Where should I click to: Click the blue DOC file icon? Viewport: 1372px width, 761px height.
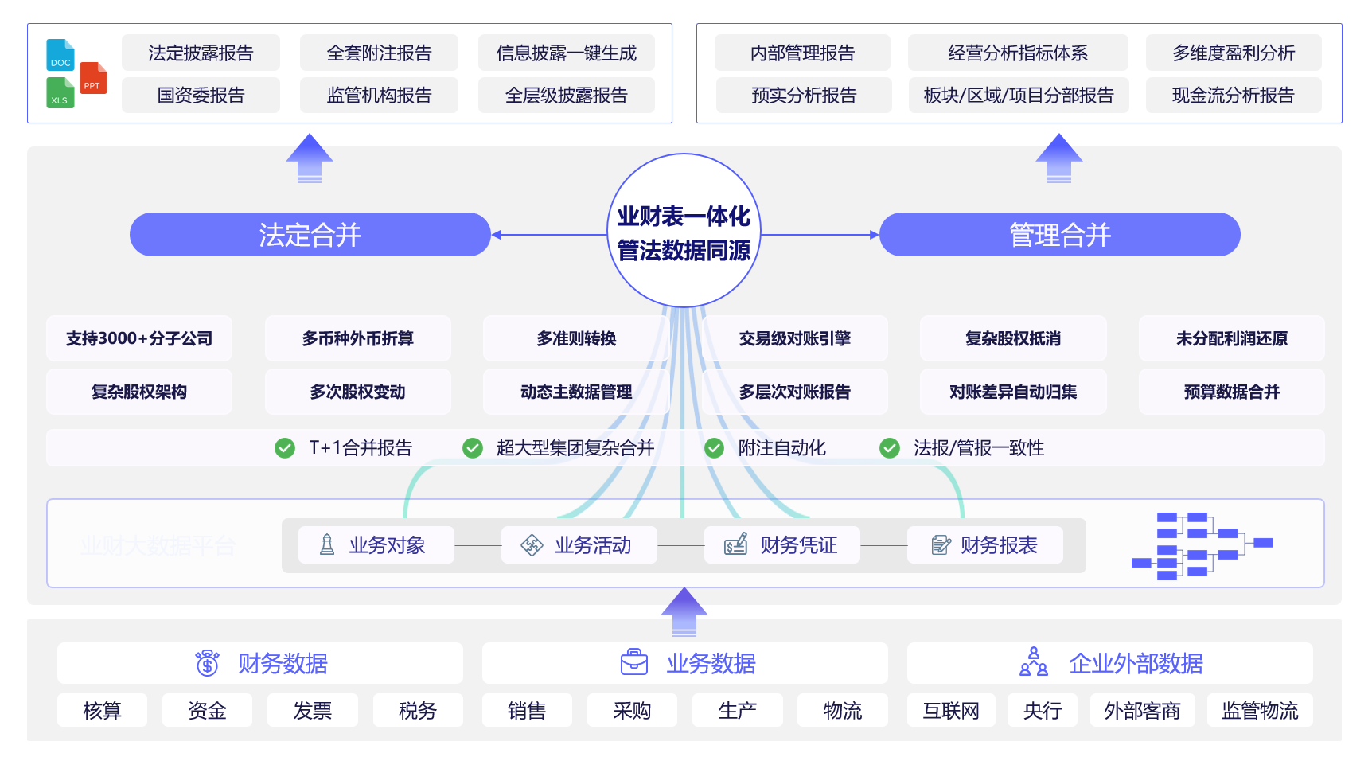60,55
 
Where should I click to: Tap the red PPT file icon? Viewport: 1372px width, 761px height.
93,78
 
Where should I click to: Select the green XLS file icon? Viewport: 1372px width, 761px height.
60,93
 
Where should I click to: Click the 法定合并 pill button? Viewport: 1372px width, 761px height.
310,235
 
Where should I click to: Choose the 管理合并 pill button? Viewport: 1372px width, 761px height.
1059,235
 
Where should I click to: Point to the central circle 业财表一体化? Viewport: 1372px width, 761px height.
684,231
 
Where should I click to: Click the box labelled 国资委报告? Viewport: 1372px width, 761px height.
201,96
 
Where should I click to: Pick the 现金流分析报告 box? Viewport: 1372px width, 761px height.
1233,96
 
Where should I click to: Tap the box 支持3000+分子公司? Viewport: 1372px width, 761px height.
139,338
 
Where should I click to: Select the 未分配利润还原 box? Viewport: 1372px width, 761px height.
1231,338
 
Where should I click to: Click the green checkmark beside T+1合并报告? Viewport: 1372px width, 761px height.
284,448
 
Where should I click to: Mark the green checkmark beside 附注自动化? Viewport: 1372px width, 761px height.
714,448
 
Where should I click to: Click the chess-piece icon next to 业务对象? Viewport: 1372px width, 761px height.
327,544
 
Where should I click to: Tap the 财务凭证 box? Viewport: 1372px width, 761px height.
781,545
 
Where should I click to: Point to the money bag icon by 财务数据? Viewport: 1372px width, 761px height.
208,662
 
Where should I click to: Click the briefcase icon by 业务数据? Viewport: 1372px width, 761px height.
634,662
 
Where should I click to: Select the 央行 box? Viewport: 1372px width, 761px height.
1042,710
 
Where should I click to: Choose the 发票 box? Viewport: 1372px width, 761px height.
312,710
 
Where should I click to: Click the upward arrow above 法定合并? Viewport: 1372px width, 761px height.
310,158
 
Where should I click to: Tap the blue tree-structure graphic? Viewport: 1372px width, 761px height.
1201,545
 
